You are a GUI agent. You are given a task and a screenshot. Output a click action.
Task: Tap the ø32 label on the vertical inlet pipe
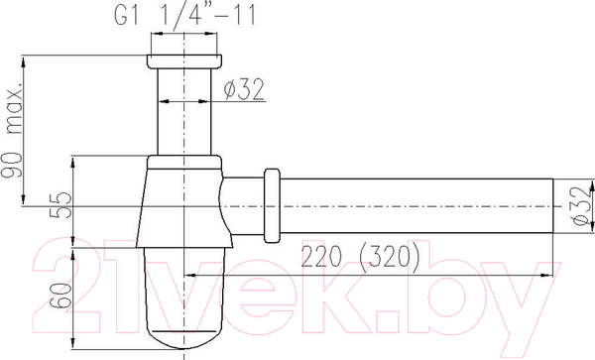coord(242,89)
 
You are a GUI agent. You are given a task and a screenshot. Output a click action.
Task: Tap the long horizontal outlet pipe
coord(416,206)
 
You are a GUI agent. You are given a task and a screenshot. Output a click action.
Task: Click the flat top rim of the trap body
coord(182,160)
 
